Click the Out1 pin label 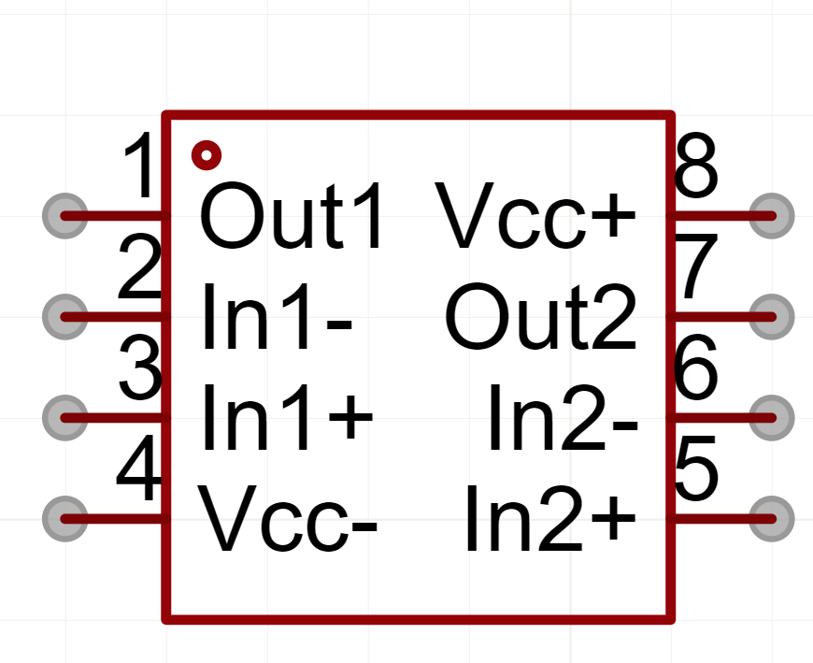(292, 218)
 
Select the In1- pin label (277, 318)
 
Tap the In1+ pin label (287, 418)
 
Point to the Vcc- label (289, 519)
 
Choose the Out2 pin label (541, 318)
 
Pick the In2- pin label (563, 418)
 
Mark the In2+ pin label (551, 519)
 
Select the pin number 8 (696, 166)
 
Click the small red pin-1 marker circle (206, 154)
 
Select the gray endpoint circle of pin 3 (65, 418)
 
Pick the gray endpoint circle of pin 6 (772, 418)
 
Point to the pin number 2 (140, 269)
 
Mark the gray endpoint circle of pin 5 (772, 518)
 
